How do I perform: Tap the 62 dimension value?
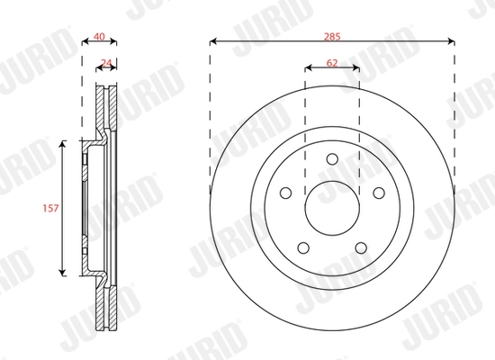click(x=331, y=63)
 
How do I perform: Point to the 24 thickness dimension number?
click(x=107, y=63)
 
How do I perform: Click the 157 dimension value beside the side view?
click(x=51, y=208)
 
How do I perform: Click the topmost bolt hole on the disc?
click(x=331, y=160)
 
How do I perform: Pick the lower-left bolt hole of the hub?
click(x=304, y=247)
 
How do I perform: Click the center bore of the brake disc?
click(x=331, y=207)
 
